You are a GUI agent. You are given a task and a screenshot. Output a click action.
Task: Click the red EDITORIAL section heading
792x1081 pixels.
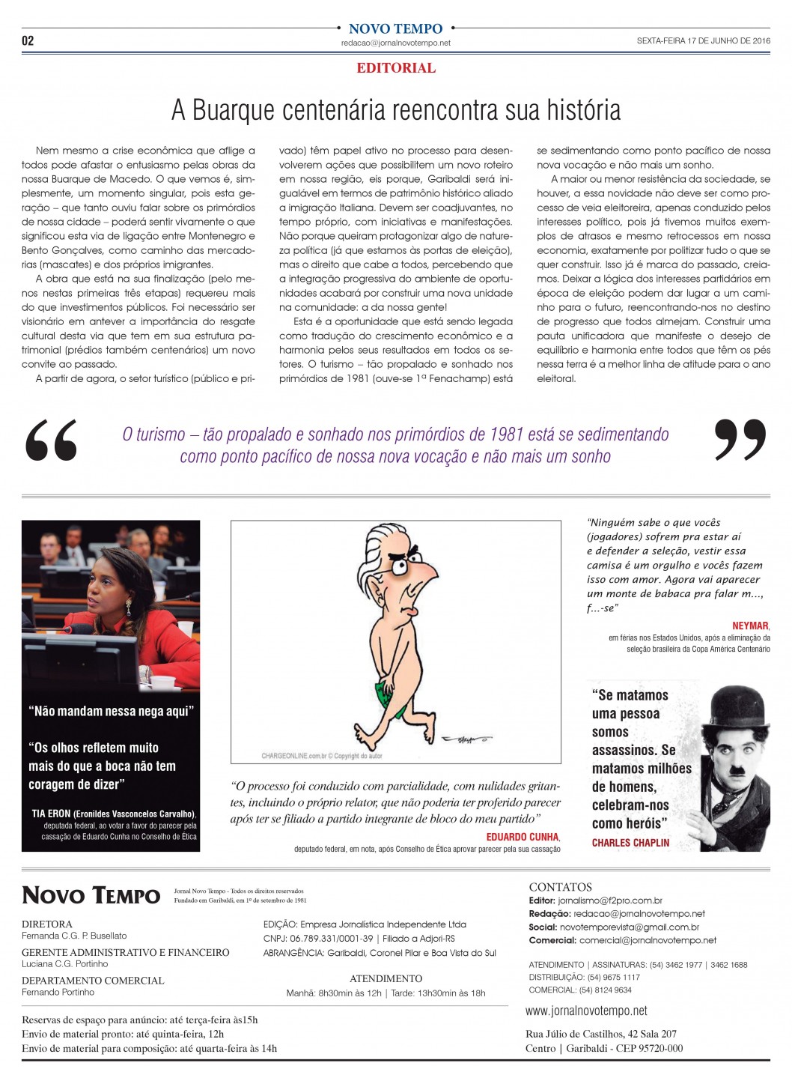pyautogui.click(x=396, y=68)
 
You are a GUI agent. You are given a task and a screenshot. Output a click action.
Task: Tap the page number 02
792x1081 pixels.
pyautogui.click(x=28, y=41)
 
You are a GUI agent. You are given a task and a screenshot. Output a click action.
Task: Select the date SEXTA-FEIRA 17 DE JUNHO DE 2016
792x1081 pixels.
pyautogui.click(x=703, y=41)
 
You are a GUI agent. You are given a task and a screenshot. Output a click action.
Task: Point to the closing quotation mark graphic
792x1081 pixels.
pyautogui.click(x=740, y=439)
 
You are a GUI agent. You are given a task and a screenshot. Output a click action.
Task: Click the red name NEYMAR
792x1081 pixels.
pyautogui.click(x=750, y=626)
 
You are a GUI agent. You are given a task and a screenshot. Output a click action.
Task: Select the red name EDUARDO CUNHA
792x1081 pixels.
pyautogui.click(x=523, y=837)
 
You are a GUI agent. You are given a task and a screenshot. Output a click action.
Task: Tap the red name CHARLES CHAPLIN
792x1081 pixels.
pyautogui.click(x=630, y=843)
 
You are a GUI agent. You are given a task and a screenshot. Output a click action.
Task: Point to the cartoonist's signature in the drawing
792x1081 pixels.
pyautogui.click(x=466, y=739)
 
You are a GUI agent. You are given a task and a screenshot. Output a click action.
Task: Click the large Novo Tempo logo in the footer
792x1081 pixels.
pyautogui.click(x=91, y=895)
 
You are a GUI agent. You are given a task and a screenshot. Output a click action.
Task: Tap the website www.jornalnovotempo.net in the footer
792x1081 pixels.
pyautogui.click(x=586, y=1011)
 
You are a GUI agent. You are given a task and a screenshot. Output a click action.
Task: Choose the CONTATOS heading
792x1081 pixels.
pyautogui.click(x=560, y=887)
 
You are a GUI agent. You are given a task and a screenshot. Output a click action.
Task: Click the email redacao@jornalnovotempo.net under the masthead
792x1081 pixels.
pyautogui.click(x=396, y=43)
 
